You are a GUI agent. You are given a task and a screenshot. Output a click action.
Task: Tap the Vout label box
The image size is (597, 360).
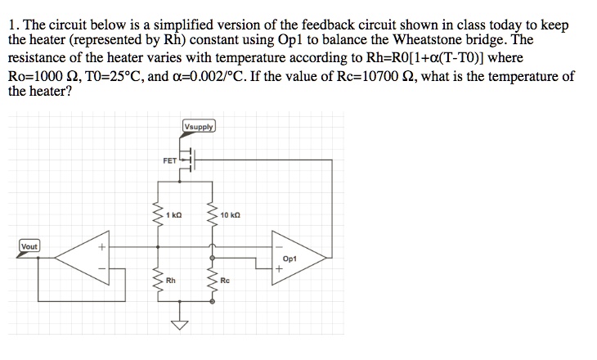click(x=30, y=245)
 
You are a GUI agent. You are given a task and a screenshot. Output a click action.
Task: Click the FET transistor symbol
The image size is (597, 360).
click(x=187, y=162)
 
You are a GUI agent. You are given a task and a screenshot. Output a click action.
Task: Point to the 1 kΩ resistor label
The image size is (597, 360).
click(x=173, y=215)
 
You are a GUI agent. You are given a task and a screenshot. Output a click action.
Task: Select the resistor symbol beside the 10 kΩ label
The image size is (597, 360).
click(x=213, y=218)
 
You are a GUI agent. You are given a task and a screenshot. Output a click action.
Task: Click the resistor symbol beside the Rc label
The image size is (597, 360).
click(x=213, y=282)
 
